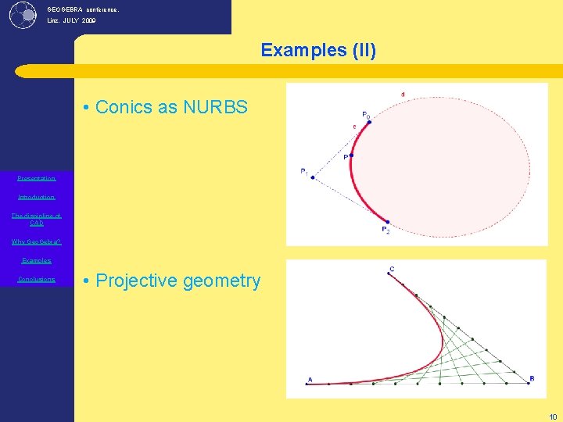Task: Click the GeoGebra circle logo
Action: point(23,14)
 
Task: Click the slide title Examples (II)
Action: point(318,51)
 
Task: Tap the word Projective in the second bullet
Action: point(138,281)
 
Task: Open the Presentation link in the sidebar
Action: point(37,178)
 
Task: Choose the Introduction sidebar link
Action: point(37,197)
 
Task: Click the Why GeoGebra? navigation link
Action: point(37,241)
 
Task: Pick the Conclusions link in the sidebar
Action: point(37,279)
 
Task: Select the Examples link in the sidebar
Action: point(37,260)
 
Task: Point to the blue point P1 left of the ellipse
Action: point(313,177)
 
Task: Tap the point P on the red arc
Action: point(352,156)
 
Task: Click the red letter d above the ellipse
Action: point(403,95)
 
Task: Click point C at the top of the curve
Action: point(389,274)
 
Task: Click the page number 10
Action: point(553,417)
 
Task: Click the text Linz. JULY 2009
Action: point(72,21)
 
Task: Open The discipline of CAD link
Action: point(37,219)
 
